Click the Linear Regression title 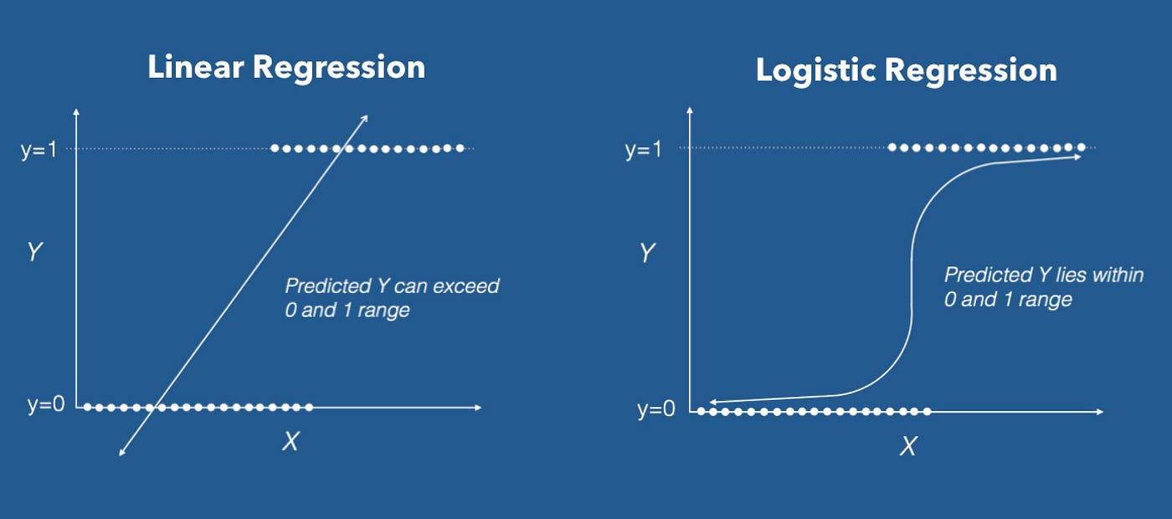[286, 68]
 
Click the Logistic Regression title [906, 70]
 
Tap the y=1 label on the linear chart [39, 150]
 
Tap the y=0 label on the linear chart [44, 406]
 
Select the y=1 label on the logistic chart [643, 150]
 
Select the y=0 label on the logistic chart [655, 410]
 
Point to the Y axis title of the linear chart [34, 253]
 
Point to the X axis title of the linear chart [290, 441]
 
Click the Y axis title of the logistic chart [645, 253]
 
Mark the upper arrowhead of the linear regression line [365, 118]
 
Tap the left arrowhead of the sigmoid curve [712, 403]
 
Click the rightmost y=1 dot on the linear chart [460, 148]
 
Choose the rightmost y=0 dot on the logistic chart [927, 411]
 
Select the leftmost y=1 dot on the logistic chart [892, 147]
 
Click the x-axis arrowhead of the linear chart [478, 407]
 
